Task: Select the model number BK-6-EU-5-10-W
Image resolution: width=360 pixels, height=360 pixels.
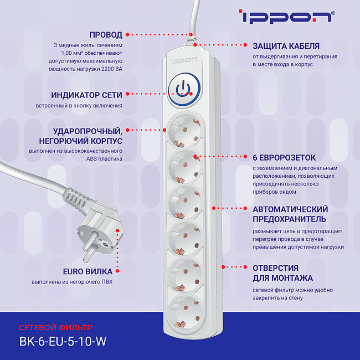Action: click(62, 341)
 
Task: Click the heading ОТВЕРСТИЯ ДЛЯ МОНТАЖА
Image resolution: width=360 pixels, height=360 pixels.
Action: click(283, 272)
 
